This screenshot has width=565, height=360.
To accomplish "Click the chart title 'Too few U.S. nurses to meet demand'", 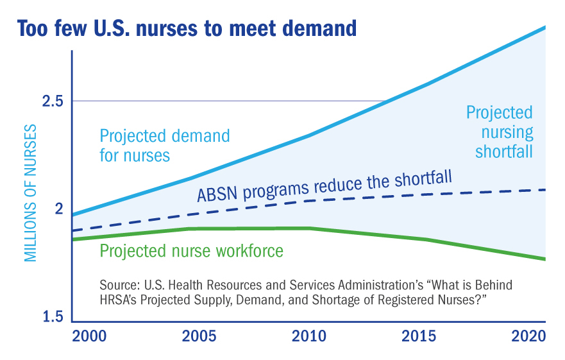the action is pyautogui.click(x=187, y=28).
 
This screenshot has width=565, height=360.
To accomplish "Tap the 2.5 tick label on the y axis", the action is pyautogui.click(x=53, y=101).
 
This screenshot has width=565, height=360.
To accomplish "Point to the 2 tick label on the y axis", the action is pyautogui.click(x=59, y=209).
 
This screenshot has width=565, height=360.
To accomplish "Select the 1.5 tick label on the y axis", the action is pyautogui.click(x=53, y=316).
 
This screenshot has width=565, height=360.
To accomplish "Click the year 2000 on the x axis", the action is pyautogui.click(x=89, y=336).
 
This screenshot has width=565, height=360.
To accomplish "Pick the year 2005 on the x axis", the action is pyautogui.click(x=199, y=336).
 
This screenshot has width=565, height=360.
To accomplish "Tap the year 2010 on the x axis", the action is pyautogui.click(x=309, y=336).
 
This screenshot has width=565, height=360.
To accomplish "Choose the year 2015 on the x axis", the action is pyautogui.click(x=419, y=336).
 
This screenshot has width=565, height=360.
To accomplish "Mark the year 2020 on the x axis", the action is pyautogui.click(x=528, y=336).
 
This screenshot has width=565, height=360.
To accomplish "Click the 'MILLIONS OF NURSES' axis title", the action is pyautogui.click(x=31, y=193).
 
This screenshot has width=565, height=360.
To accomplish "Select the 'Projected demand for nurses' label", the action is pyautogui.click(x=165, y=146).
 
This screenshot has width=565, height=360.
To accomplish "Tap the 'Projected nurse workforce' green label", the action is pyautogui.click(x=191, y=251).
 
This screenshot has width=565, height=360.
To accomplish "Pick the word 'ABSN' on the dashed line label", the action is pyautogui.click(x=217, y=194).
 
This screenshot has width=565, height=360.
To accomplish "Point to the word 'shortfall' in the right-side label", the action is pyautogui.click(x=503, y=151).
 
